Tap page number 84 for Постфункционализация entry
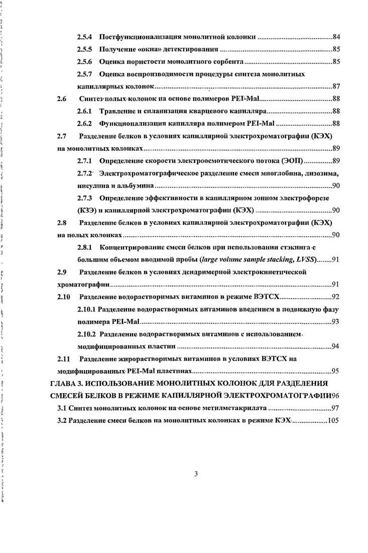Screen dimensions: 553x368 [337, 38]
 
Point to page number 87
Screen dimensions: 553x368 [337, 86]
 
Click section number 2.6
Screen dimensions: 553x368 [62, 99]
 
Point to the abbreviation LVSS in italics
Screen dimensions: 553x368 [303, 259]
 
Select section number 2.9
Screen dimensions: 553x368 [62, 272]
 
